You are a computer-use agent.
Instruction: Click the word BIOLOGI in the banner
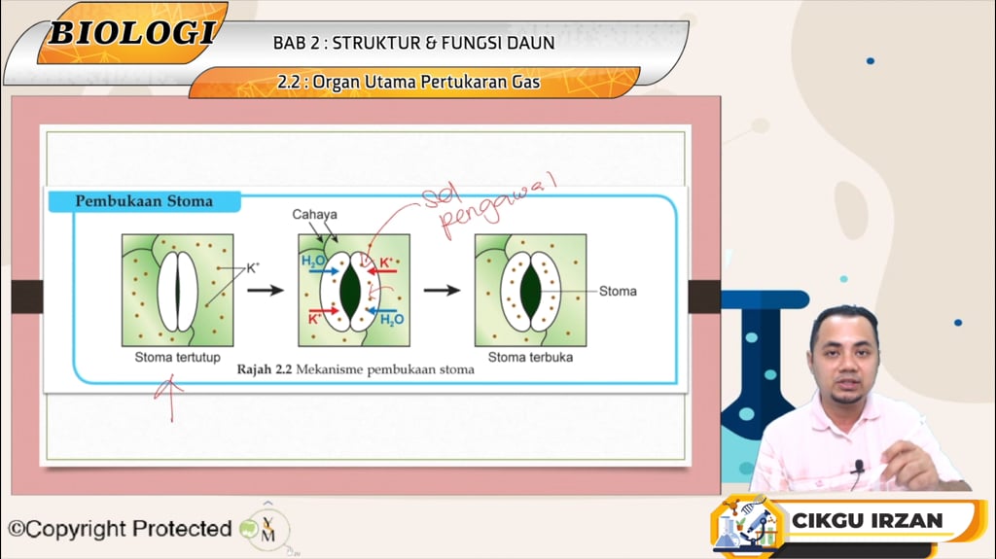coord(131,32)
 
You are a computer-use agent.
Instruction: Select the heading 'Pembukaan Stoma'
coord(144,202)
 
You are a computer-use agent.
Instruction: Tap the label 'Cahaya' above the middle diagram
coord(316,214)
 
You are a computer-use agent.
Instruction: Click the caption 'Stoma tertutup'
coord(177,357)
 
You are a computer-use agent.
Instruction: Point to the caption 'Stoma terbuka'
coord(530,357)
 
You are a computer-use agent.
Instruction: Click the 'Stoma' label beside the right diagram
coord(618,291)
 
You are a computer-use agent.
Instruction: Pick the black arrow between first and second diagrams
coord(265,290)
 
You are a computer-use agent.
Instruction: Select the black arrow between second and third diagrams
coord(442,290)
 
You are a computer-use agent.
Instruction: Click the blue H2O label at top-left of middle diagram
coord(313,262)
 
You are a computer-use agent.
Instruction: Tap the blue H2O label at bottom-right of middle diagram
coord(392,319)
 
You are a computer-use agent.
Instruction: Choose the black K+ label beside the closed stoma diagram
coord(253,266)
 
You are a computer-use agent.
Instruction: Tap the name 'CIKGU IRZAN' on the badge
coord(867,520)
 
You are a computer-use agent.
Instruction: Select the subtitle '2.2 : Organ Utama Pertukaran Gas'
coord(409,83)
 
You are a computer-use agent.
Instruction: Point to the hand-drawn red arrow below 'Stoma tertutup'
coord(171,399)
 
